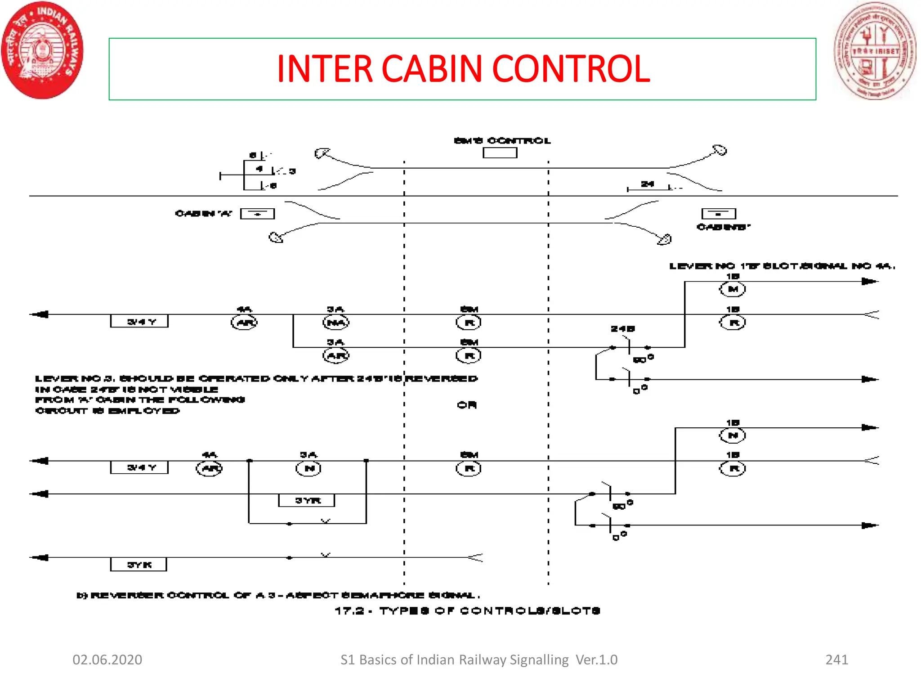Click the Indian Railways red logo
pyautogui.click(x=43, y=50)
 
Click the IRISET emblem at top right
pyautogui.click(x=874, y=50)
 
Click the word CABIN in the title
pyautogui.click(x=432, y=69)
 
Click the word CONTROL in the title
pyautogui.click(x=571, y=69)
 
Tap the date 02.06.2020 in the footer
pyautogui.click(x=107, y=660)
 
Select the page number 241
pyautogui.click(x=836, y=660)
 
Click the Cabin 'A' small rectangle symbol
pyautogui.click(x=257, y=214)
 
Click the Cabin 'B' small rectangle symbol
pyautogui.click(x=719, y=214)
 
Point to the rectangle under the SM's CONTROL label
pyautogui.click(x=500, y=153)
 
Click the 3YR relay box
pyautogui.click(x=307, y=500)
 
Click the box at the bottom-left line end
pyautogui.click(x=139, y=564)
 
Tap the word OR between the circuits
pyautogui.click(x=467, y=405)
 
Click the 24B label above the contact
pyautogui.click(x=622, y=329)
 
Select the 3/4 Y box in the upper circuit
pyautogui.click(x=139, y=321)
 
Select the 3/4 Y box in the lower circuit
pyautogui.click(x=139, y=467)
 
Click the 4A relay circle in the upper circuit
pyautogui.click(x=244, y=323)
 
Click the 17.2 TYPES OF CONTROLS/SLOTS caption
pyautogui.click(x=468, y=610)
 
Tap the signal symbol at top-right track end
pyautogui.click(x=720, y=150)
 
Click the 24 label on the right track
pyautogui.click(x=647, y=184)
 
